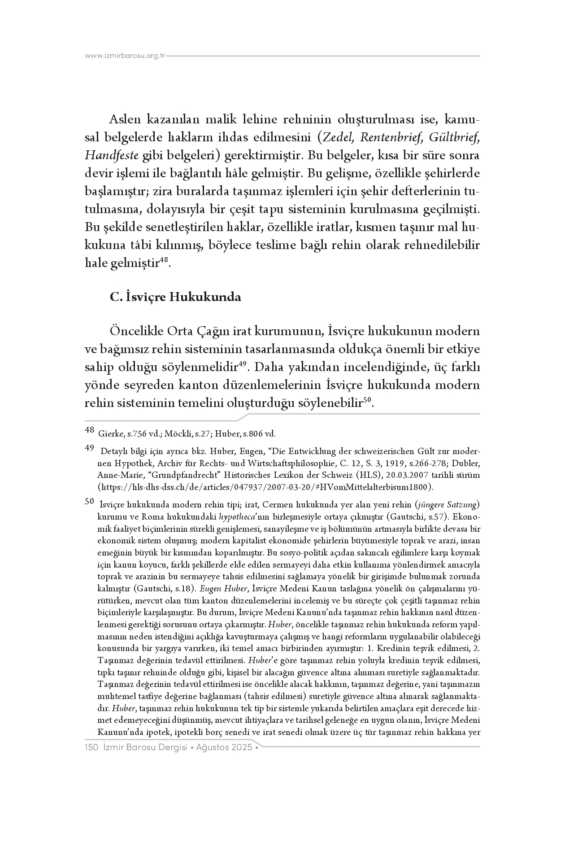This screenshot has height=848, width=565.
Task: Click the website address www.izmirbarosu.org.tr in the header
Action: coord(125,56)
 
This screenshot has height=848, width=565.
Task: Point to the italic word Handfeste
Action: coord(112,155)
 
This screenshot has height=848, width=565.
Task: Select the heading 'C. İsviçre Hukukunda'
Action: coord(175,297)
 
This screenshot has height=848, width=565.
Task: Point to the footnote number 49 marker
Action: coord(89,447)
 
